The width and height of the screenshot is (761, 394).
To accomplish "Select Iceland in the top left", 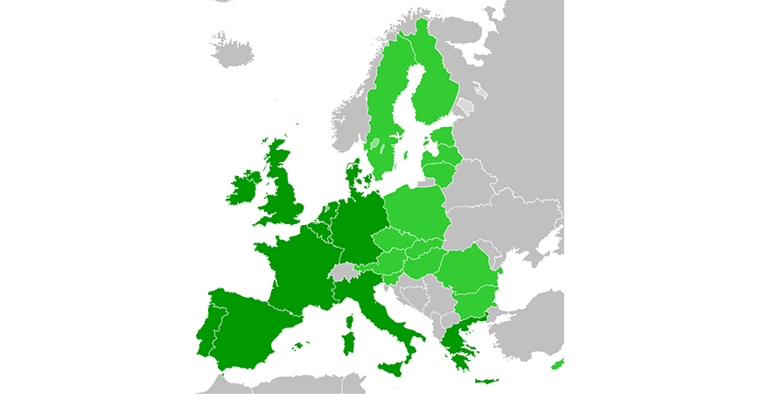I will (x=233, y=50).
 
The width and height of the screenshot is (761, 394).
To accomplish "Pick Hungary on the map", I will (x=419, y=263).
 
